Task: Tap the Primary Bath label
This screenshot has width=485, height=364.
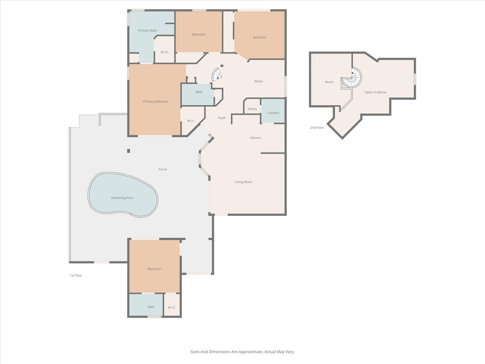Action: [148, 31]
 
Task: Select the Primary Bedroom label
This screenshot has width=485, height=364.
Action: [155, 102]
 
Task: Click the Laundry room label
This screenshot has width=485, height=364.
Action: [273, 113]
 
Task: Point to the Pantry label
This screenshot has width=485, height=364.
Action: [252, 109]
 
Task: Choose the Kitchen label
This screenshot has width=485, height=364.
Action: [256, 138]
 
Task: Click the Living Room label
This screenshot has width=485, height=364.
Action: [244, 182]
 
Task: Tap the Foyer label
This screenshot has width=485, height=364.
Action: [222, 118]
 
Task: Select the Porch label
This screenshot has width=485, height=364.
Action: [163, 169]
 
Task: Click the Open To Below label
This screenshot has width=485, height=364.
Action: [375, 92]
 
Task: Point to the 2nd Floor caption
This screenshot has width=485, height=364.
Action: [317, 127]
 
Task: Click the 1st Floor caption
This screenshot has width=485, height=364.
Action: [76, 276]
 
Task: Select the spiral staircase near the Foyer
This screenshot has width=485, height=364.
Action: [217, 75]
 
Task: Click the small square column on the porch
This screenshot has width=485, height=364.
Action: [128, 151]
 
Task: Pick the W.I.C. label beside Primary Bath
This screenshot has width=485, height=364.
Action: [164, 53]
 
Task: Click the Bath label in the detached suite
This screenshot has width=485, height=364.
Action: [151, 307]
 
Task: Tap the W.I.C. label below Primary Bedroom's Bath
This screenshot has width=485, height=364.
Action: [191, 121]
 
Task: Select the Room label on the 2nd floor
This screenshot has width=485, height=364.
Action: [329, 82]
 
